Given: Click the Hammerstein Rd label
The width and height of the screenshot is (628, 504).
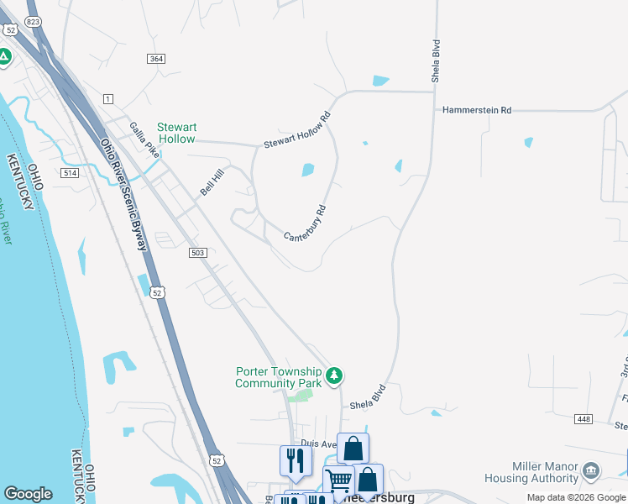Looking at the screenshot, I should [477, 110].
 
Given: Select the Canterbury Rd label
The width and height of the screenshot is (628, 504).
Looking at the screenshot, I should [305, 224].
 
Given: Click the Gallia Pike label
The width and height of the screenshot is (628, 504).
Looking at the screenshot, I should [144, 140].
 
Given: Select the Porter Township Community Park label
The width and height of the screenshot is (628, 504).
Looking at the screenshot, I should [279, 377].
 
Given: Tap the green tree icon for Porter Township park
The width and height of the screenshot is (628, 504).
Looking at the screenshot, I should [335, 375].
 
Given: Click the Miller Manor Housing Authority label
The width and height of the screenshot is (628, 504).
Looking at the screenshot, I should [532, 472].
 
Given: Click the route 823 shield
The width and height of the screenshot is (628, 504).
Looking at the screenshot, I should [33, 21].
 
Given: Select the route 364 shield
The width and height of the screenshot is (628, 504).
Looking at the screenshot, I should [155, 58].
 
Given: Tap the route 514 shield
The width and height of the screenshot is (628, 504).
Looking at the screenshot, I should [70, 172].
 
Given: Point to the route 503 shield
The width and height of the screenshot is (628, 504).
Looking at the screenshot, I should [198, 253].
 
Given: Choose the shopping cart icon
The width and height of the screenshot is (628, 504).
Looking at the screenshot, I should [339, 481].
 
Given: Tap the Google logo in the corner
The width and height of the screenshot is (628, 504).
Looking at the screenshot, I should [28, 494].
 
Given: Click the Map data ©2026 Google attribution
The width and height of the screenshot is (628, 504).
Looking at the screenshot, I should [575, 497].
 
